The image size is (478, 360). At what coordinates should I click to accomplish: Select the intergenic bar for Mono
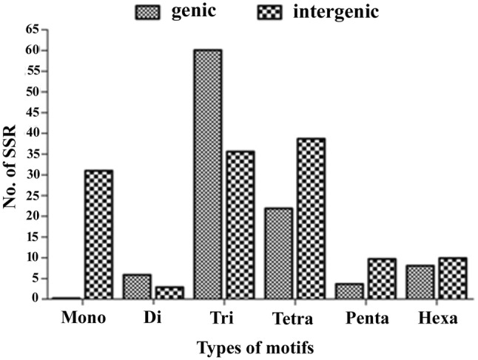coord(98,234)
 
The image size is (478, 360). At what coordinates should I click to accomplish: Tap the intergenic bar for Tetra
coord(311,218)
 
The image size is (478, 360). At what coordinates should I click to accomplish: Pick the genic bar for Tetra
coord(278,253)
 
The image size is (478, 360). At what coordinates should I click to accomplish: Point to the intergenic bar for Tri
coord(240,225)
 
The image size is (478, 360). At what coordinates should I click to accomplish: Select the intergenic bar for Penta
coord(383,279)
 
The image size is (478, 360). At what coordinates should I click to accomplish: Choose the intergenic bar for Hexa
coord(453,278)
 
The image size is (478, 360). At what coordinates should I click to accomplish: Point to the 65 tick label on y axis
coord(31,30)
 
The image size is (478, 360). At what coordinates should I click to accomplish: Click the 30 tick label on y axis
coord(31,174)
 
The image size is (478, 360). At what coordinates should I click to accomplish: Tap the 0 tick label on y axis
coord(35,299)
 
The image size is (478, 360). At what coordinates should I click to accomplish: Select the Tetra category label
coord(294,319)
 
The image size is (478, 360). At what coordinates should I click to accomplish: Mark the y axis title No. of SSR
coord(10,164)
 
